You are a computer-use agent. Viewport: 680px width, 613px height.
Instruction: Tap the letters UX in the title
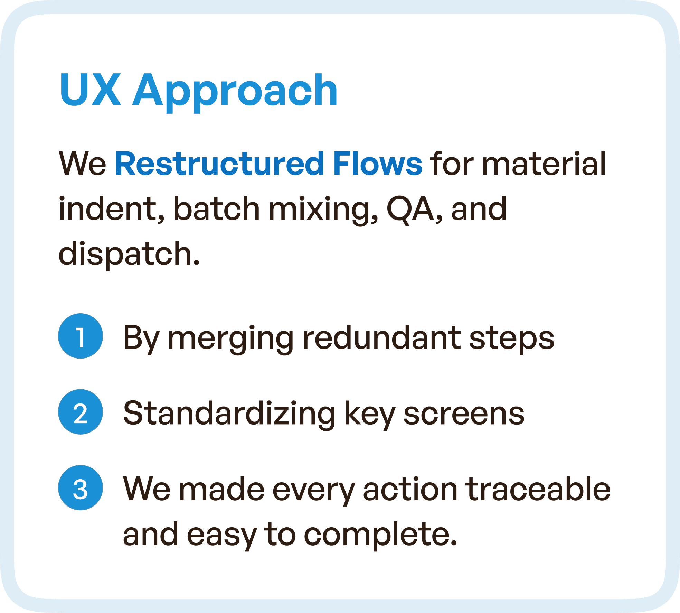coord(91,90)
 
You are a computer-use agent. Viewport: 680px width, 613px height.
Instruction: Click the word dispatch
coord(129,254)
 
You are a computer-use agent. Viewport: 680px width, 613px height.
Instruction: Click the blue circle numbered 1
coord(81,336)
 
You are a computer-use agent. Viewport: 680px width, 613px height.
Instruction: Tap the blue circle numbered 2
coord(81,412)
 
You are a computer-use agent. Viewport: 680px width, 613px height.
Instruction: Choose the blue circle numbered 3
coord(81,487)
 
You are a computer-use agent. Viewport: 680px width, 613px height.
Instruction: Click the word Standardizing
coord(229,414)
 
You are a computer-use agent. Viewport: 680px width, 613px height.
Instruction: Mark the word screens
coord(464,414)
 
